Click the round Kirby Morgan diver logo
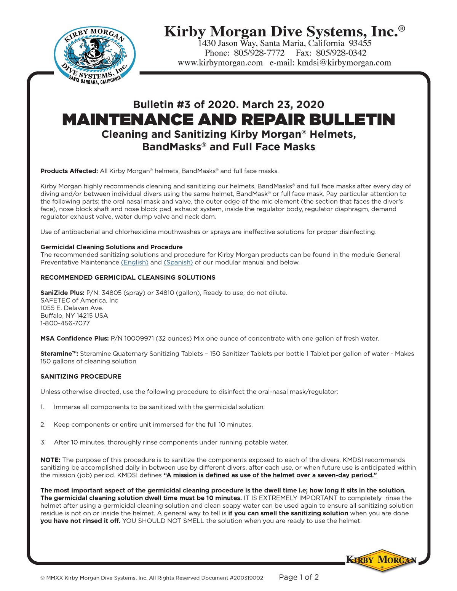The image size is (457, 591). pyautogui.click(x=94, y=54)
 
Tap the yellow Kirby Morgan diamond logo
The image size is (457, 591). pyautogui.click(x=381, y=560)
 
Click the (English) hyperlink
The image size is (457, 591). pyautogui.click(x=134, y=263)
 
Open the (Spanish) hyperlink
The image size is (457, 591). pyautogui.click(x=178, y=263)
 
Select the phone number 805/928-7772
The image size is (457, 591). pyautogui.click(x=259, y=53)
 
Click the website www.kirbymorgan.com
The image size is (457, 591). pyautogui.click(x=220, y=63)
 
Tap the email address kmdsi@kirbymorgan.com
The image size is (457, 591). pyautogui.click(x=344, y=63)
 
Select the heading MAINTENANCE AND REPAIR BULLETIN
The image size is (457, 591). pyautogui.click(x=228, y=120)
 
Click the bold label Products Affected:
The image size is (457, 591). pyautogui.click(x=69, y=171)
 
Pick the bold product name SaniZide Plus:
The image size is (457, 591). pyautogui.click(x=62, y=293)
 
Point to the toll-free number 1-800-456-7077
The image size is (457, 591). pyautogui.click(x=65, y=323)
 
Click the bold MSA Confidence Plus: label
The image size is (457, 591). pyautogui.click(x=75, y=339)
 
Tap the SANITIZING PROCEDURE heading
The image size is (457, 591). pyautogui.click(x=81, y=377)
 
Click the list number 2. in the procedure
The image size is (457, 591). pyautogui.click(x=43, y=425)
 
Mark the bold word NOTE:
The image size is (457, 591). pyautogui.click(x=50, y=460)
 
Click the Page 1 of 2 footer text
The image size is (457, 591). pyautogui.click(x=299, y=577)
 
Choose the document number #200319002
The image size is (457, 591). pyautogui.click(x=246, y=578)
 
